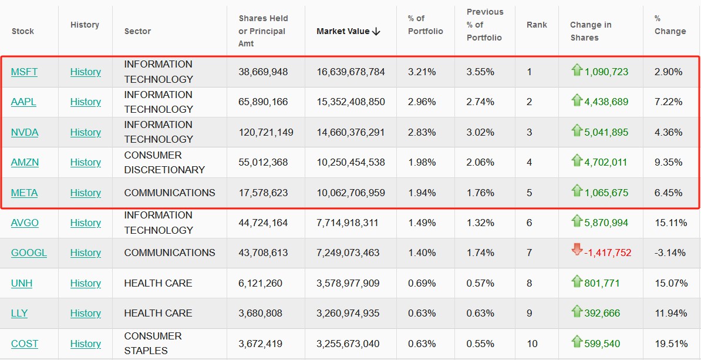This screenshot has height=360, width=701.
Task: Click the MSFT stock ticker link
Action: (24, 72)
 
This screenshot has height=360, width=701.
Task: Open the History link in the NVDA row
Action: (86, 132)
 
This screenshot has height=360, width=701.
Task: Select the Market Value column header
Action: (348, 31)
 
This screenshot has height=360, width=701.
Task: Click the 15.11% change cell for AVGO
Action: (670, 223)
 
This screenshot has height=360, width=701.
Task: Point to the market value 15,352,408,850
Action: (350, 102)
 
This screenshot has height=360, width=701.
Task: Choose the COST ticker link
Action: (25, 344)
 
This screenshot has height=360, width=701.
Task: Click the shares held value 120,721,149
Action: (265, 132)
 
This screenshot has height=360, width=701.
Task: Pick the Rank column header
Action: (537, 25)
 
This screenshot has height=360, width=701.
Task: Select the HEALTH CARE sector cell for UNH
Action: (158, 283)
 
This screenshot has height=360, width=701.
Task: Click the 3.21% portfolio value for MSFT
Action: (422, 72)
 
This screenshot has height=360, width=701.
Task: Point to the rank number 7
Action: (529, 253)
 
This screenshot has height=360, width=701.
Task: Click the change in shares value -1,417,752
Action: (608, 253)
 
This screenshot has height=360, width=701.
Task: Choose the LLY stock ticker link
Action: (19, 313)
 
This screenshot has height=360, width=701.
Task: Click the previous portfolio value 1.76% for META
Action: (480, 193)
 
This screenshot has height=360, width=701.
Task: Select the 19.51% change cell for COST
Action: (670, 344)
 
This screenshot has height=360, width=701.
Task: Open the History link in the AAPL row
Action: (86, 102)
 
